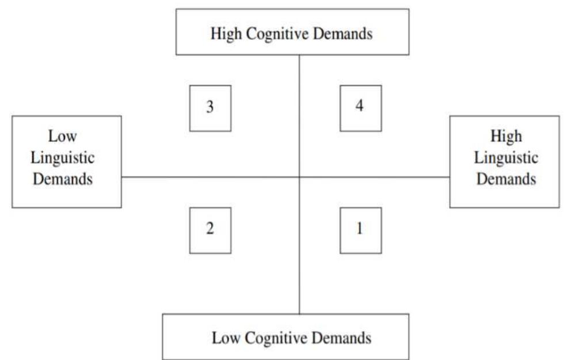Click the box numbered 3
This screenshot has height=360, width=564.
tap(210, 108)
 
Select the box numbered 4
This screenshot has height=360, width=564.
tap(360, 108)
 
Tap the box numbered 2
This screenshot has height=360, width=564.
tap(210, 230)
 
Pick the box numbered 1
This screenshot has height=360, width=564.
tap(360, 230)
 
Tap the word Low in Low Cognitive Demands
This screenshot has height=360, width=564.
tap(225, 338)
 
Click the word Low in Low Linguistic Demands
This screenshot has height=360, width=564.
tap(63, 137)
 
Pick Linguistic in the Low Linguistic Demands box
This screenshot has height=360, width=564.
tap(63, 158)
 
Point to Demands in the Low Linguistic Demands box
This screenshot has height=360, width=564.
tap(63, 179)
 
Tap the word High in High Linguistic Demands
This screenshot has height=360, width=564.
tap(506, 137)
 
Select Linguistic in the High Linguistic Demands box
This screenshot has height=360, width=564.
tap(506, 158)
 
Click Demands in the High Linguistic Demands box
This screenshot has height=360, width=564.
tap(506, 179)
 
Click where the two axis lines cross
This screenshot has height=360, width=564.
tap(299, 177)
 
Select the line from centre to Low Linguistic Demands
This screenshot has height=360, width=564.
tap(210, 177)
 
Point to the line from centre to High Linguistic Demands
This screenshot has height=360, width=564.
tap(374, 177)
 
